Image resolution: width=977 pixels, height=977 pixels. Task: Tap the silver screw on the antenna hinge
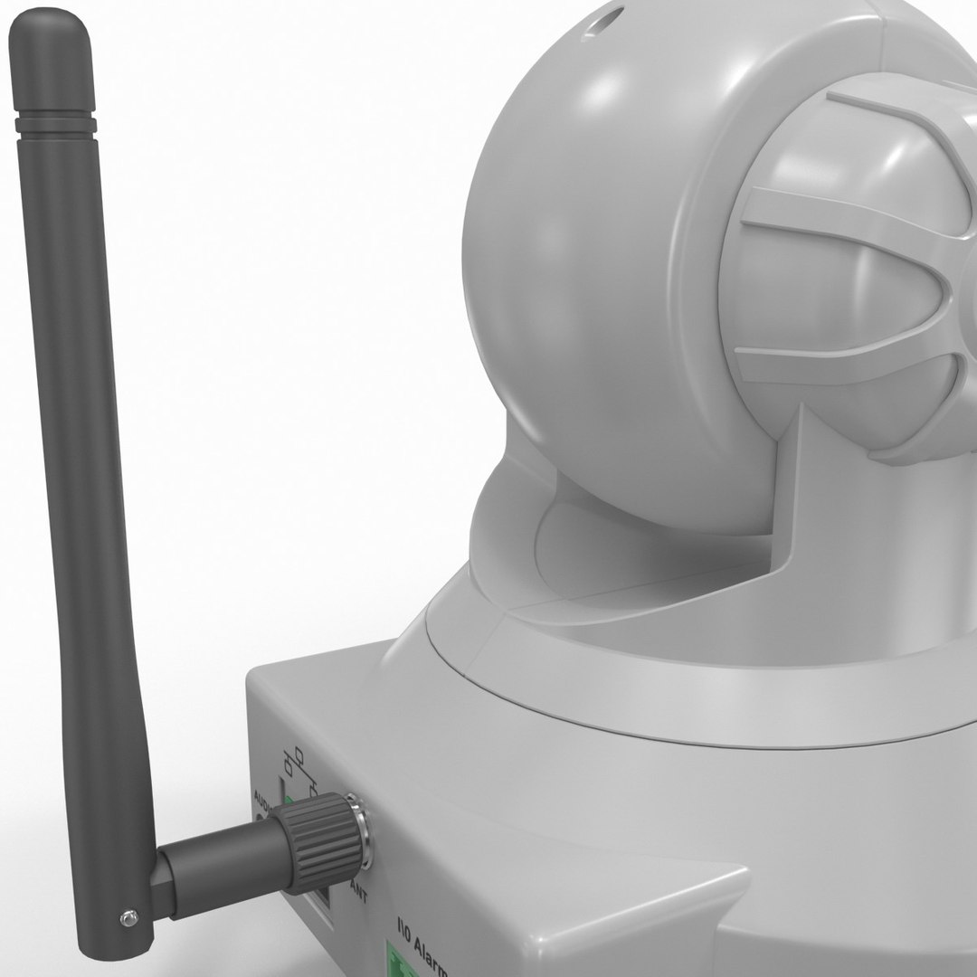(128, 919)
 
